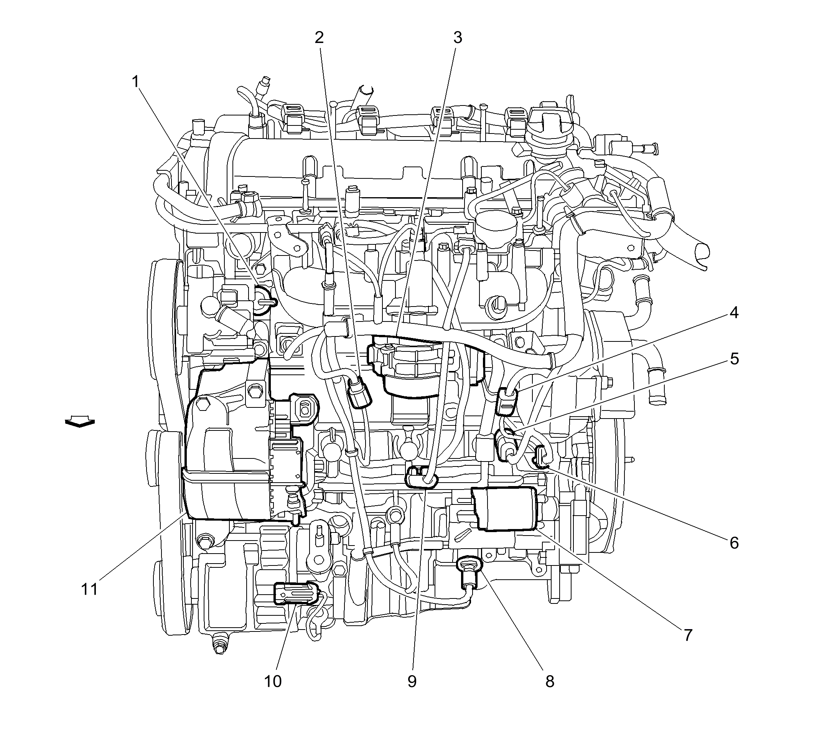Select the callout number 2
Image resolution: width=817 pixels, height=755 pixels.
[319, 38]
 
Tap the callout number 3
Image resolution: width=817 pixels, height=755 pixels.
[458, 38]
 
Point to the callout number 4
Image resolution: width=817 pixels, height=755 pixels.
[734, 313]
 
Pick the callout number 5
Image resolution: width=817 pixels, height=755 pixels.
[734, 359]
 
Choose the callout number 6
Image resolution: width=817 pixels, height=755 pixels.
[734, 543]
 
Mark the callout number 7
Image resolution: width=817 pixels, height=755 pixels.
[688, 635]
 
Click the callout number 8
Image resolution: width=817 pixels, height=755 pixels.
[550, 681]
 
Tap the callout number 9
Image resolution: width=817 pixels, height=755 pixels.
[412, 681]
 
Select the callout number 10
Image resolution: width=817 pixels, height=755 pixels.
[273, 681]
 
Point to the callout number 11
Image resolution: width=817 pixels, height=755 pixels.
[89, 589]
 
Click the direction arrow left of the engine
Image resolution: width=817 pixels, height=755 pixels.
[80, 422]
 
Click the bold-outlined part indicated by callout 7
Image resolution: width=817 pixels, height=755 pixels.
[504, 509]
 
